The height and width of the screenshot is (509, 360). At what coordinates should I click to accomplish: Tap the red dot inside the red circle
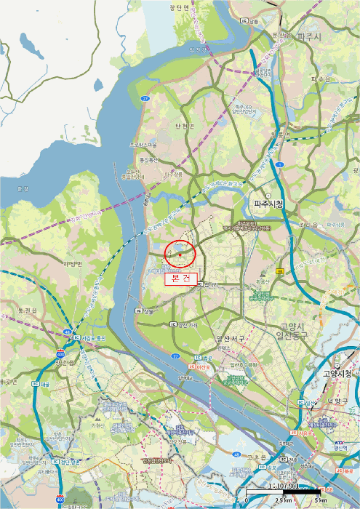click(x=180, y=253)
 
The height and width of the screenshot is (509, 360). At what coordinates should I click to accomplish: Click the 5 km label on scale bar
click(x=321, y=502)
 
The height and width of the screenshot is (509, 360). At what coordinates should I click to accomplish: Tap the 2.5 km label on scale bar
click(x=282, y=502)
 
